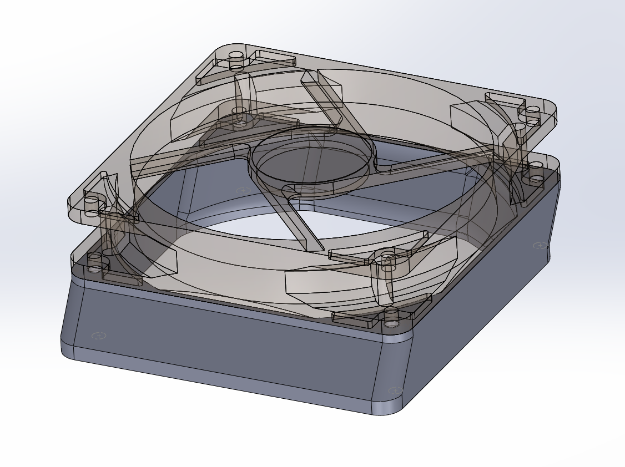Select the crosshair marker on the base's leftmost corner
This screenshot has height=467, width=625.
(99, 336)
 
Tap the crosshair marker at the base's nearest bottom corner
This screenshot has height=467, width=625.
(395, 391)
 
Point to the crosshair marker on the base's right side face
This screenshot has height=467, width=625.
(538, 245)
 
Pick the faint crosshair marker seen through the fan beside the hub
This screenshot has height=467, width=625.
(243, 191)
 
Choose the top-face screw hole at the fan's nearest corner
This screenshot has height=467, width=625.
(386, 255)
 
